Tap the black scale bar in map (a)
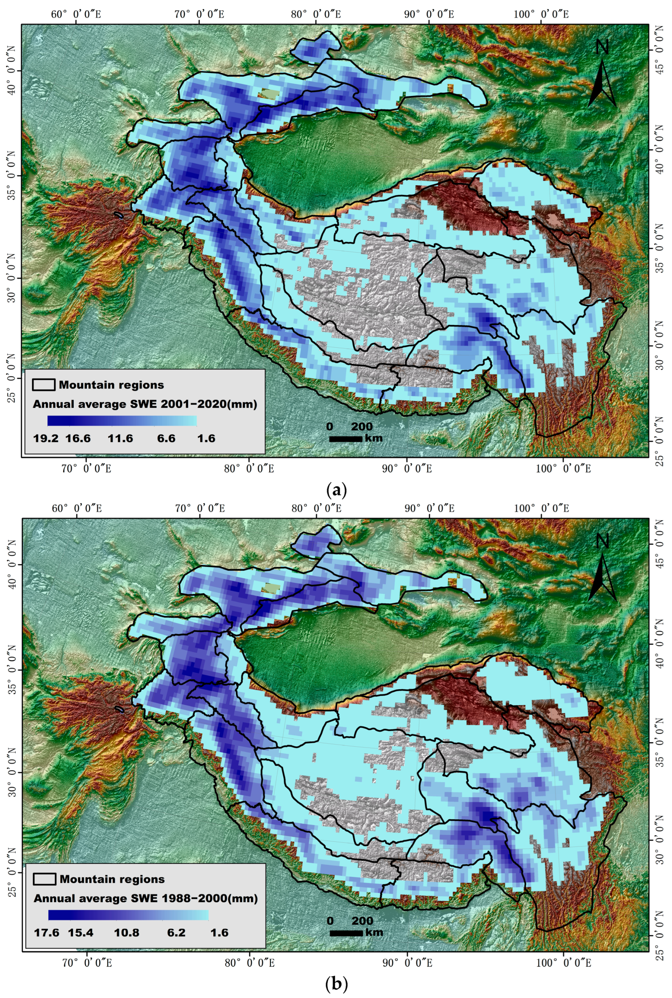click(x=346, y=438)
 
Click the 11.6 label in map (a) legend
click(x=120, y=438)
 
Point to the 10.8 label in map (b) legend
click(x=126, y=933)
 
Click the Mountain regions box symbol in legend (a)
click(x=44, y=385)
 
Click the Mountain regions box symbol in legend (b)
click(x=44, y=879)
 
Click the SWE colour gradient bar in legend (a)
click(x=122, y=421)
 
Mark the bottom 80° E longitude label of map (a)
click(x=249, y=469)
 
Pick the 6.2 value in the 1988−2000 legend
click(x=176, y=933)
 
